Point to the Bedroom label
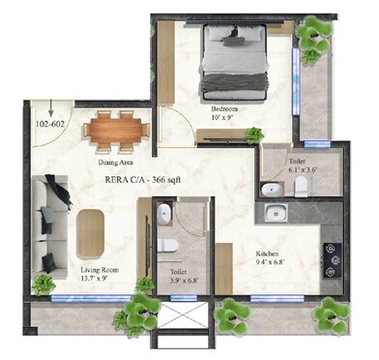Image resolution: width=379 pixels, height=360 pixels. coord(223,109)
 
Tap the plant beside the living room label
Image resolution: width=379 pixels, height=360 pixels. coord(43,284)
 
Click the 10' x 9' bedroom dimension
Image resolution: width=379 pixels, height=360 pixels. coord(223,120)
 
